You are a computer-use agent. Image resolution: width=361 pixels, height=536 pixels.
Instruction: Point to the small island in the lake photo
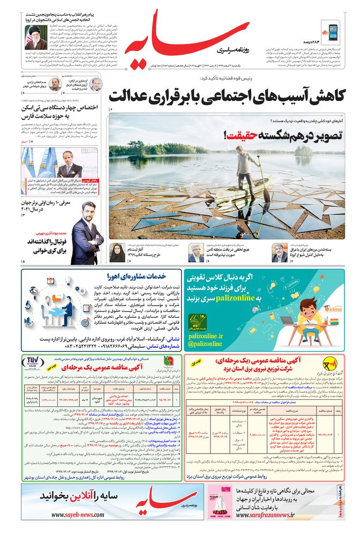tap(303, 151)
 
